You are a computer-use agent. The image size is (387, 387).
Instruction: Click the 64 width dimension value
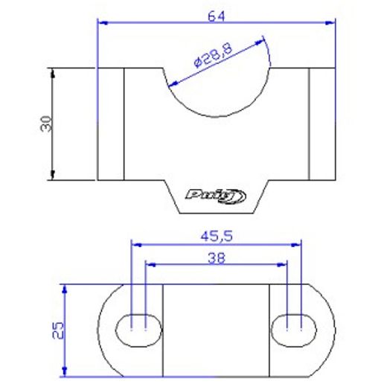pyautogui.click(x=217, y=16)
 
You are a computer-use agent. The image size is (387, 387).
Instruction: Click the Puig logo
pyautogui.click(x=216, y=196)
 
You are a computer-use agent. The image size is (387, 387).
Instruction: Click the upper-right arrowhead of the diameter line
pyautogui.click(x=262, y=42)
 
